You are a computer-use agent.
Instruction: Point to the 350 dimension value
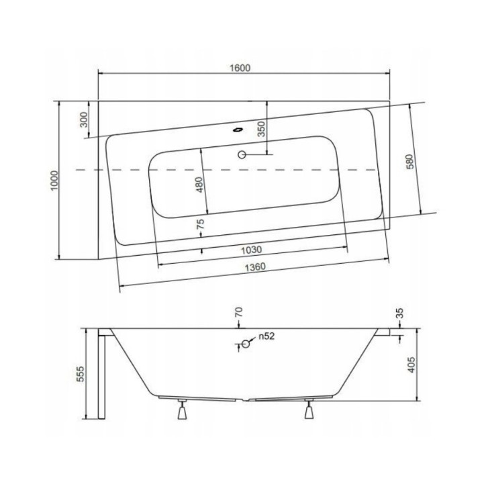point(262,128)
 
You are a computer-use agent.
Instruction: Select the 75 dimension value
point(200,226)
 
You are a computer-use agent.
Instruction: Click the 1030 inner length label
point(251,250)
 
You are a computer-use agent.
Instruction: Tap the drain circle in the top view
point(242,155)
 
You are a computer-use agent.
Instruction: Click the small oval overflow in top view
point(238,131)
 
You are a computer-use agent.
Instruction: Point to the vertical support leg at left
point(102,376)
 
